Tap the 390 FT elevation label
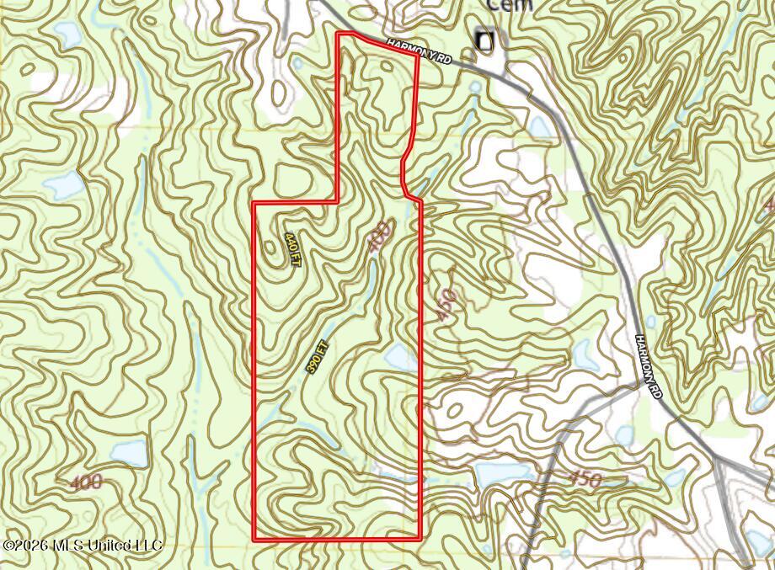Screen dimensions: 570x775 316,356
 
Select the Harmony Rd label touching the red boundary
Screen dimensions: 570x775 420,51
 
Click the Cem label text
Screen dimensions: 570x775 510,5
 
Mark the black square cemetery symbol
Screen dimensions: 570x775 484,40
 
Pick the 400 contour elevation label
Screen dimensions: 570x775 85,482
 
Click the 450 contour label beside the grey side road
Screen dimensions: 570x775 585,480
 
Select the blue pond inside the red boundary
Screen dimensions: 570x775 399,357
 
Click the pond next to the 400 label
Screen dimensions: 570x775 127,453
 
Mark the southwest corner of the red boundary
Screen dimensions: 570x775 255,538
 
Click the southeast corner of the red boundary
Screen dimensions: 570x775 420,537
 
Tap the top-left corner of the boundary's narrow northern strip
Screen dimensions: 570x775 339,34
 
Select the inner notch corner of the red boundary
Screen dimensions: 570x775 338,202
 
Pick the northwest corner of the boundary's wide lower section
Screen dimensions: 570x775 255,203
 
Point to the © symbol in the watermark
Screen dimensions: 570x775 8,546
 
